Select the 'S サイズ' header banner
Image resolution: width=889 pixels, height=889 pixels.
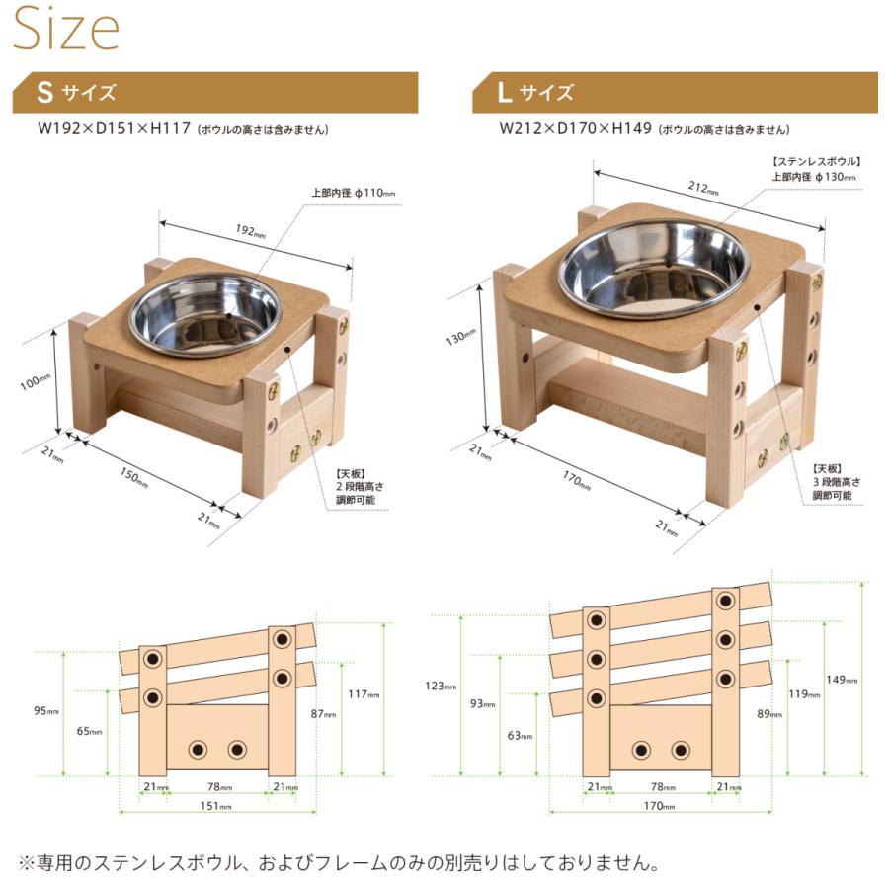click(214, 93)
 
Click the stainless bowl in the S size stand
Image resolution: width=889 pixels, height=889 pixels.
click(206, 314)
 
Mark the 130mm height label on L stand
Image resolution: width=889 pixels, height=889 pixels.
click(455, 337)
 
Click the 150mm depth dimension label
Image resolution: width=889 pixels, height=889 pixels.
click(133, 478)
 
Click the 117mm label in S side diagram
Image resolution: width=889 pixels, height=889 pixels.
click(364, 694)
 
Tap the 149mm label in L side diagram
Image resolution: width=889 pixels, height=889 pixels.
click(846, 680)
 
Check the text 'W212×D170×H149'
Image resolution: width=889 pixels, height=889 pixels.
click(576, 129)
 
